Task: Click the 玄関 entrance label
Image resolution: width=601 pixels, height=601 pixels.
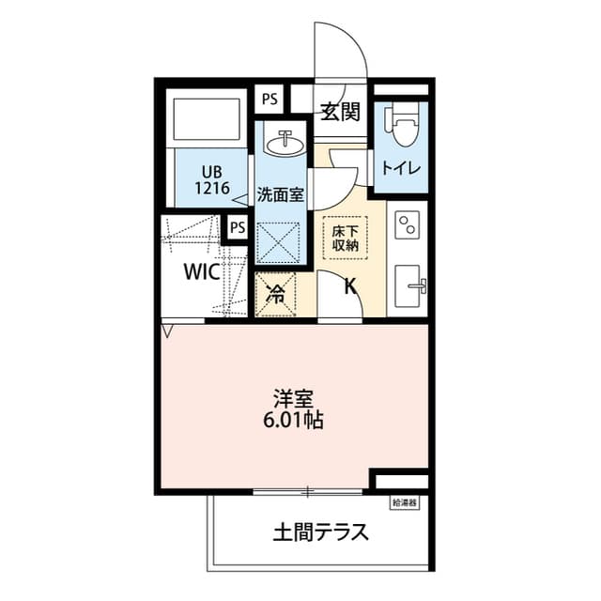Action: (x=340, y=112)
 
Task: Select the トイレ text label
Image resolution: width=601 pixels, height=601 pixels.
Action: (x=401, y=168)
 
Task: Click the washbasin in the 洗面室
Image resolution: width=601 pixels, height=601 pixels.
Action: (x=285, y=143)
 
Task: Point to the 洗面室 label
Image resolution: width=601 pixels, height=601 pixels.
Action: (x=280, y=194)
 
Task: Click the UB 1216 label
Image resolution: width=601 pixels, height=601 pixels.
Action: (x=212, y=180)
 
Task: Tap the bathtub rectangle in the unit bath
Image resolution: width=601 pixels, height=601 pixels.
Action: (x=207, y=119)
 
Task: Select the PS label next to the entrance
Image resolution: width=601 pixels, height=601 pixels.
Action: (x=270, y=100)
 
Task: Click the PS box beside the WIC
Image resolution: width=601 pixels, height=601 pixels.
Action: (x=238, y=227)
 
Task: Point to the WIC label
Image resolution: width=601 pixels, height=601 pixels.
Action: (x=202, y=271)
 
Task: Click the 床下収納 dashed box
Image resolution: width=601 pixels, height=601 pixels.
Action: (x=345, y=238)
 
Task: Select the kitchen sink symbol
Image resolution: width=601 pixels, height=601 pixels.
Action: (x=409, y=285)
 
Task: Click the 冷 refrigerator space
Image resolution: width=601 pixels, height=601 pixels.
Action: (x=275, y=294)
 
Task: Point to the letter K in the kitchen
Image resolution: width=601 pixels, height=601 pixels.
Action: (x=350, y=285)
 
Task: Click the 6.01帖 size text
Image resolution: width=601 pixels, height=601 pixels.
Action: (x=293, y=420)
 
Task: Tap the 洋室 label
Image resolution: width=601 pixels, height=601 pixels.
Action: (x=294, y=399)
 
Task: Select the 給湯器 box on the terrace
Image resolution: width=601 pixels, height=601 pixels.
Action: (x=405, y=503)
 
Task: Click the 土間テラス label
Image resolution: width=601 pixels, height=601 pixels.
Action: (x=320, y=532)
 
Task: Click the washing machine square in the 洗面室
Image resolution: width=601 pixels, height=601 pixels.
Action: (x=278, y=242)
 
